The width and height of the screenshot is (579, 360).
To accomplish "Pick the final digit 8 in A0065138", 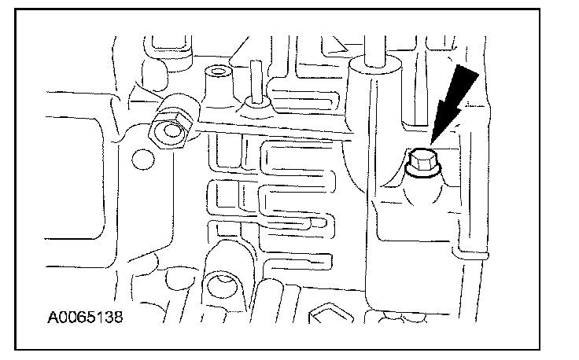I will (120, 321).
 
